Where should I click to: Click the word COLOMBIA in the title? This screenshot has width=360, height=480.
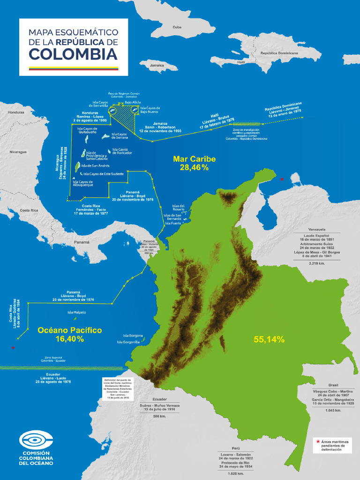73,54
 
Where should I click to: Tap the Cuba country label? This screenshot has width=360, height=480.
177,27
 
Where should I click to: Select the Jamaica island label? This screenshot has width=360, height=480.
157,65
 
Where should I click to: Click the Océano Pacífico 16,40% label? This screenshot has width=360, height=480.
69,334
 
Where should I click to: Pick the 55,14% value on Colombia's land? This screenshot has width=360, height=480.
269,339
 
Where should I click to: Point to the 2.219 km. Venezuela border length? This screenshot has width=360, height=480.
317,263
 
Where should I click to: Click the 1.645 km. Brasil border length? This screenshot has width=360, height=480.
333,410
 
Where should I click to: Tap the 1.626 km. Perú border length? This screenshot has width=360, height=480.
235,473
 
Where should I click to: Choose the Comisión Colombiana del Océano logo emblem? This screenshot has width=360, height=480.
36,440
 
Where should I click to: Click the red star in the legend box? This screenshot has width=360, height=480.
318,442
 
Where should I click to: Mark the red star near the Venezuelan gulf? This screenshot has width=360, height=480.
282,180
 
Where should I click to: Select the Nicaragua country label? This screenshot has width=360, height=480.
18,152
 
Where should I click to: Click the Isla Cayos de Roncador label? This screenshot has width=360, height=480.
121,151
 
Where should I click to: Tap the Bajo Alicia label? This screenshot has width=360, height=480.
133,102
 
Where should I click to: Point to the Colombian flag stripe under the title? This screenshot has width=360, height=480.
74,68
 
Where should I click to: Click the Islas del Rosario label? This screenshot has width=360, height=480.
178,207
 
